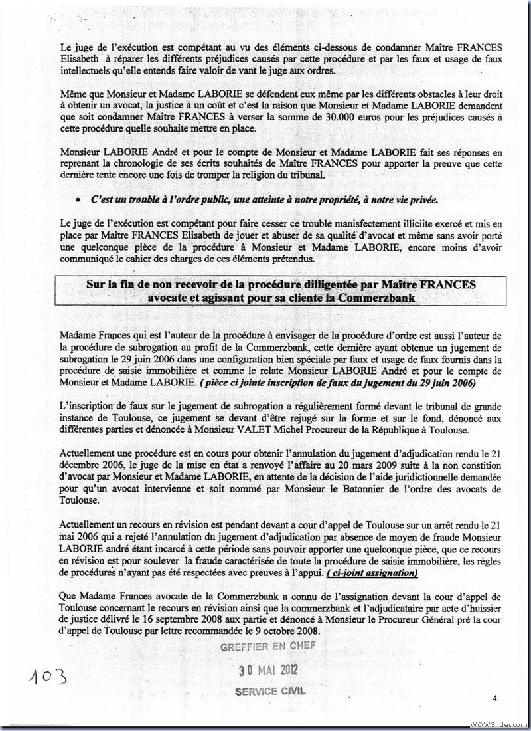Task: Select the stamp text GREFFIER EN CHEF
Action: tap(269, 645)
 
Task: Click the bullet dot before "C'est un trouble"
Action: tap(78, 199)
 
